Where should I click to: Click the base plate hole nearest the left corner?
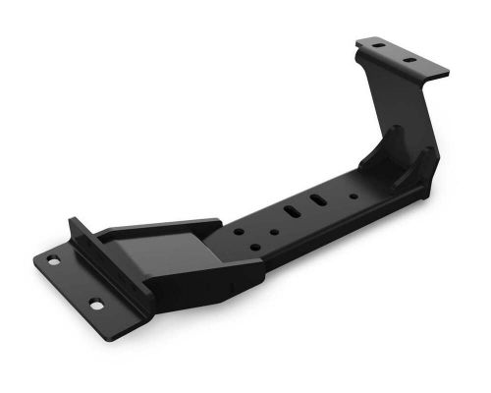(x=52, y=260)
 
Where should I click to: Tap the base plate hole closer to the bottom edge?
(x=96, y=306)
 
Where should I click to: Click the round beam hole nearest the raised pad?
(x=239, y=233)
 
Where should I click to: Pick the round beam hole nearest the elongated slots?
(x=274, y=233)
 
